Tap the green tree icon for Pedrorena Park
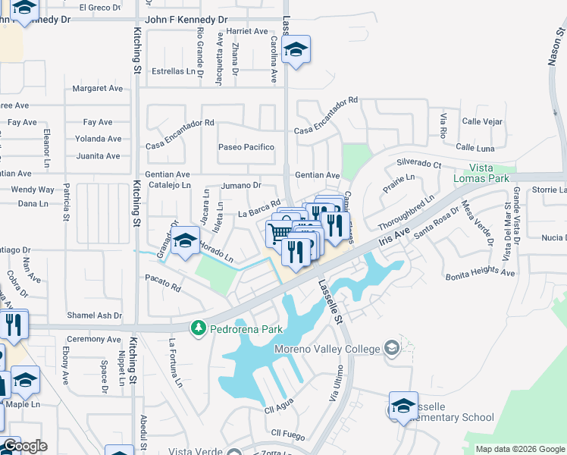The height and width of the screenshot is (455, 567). (199, 328)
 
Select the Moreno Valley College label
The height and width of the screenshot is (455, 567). (338, 349)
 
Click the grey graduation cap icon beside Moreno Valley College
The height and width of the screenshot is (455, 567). (392, 348)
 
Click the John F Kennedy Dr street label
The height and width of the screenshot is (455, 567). (186, 19)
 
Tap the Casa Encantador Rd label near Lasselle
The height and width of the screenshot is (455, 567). (326, 116)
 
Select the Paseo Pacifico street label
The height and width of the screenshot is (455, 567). (246, 147)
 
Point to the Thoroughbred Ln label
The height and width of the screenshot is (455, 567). (406, 211)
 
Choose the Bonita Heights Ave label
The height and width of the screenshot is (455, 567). (480, 274)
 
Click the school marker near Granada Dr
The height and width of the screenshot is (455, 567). (185, 243)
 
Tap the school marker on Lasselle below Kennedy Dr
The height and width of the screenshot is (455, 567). (295, 51)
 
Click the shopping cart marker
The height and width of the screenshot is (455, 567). (279, 232)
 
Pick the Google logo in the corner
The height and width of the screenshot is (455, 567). (24, 446)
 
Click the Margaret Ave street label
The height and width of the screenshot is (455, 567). (97, 89)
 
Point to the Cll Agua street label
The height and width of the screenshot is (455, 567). (279, 410)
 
